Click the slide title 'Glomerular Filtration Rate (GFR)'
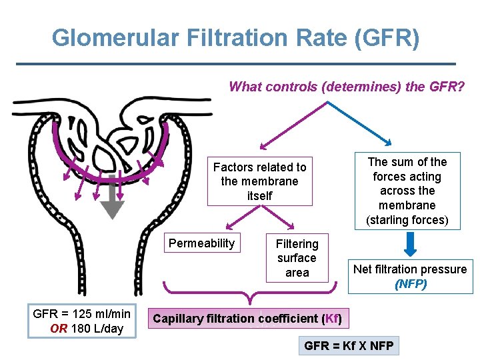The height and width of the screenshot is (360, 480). tap(235, 37)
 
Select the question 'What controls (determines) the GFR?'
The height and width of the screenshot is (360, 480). tap(347, 87)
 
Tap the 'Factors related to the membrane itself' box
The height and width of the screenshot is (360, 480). tap(259, 181)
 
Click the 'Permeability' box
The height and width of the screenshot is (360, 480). tap(201, 243)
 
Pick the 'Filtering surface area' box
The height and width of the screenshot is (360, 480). tap(297, 258)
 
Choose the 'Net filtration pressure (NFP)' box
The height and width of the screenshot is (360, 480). tap(410, 276)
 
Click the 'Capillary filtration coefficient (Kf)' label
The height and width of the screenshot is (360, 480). tap(247, 319)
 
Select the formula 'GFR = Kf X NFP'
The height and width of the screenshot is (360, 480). tap(349, 346)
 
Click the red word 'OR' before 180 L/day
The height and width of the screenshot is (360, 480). tap(59, 329)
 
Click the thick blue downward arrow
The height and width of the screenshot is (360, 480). tap(411, 244)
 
